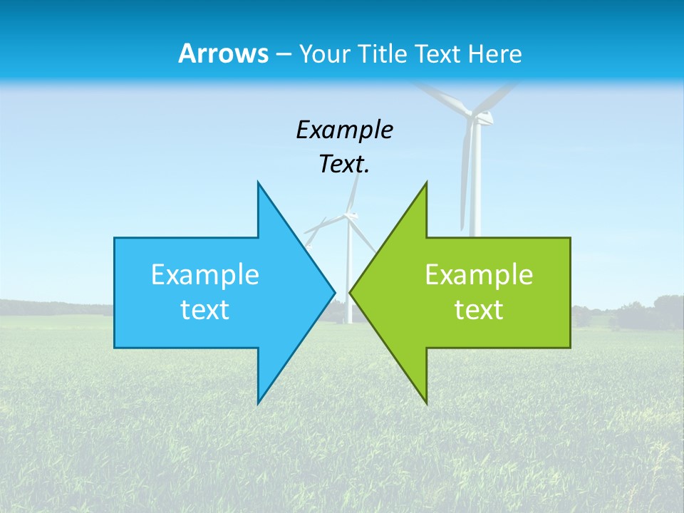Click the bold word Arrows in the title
pos(222,53)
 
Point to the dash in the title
pos(283,54)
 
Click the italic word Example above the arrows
pos(344,130)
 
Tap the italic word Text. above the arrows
pos(344,165)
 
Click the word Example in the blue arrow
pos(205,274)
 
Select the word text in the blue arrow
pos(205,309)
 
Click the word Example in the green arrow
pos(479,274)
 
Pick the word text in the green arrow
pos(479,309)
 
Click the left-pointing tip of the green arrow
pos(351,291)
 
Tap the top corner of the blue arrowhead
pos(258,183)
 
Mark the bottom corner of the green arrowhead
pos(426,403)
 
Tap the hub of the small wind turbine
pos(350,213)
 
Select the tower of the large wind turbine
pos(475,185)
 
